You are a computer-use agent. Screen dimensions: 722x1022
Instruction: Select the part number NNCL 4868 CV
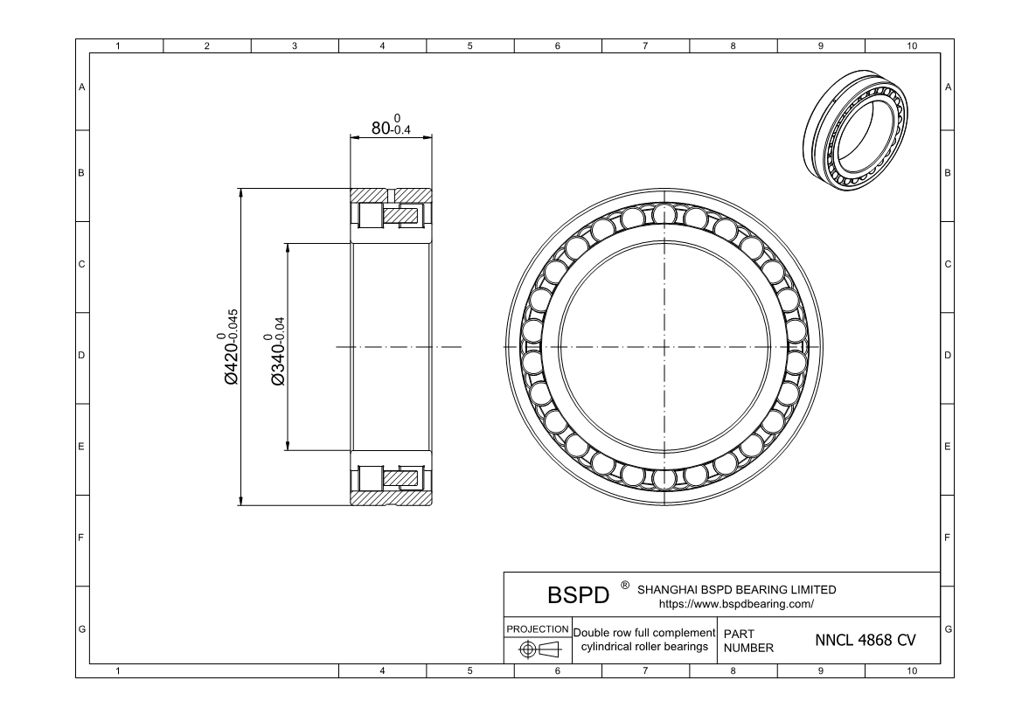click(865, 640)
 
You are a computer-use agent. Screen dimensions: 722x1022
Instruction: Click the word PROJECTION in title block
click(538, 629)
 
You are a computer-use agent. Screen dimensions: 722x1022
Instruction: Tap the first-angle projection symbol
click(538, 649)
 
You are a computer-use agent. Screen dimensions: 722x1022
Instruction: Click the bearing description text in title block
click(644, 640)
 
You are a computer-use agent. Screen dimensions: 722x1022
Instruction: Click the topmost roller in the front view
click(665, 213)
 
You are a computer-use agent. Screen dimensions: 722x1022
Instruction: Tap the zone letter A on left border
click(82, 87)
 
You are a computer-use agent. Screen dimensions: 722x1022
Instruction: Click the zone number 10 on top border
click(912, 45)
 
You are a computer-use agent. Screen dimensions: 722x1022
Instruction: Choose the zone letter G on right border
click(948, 629)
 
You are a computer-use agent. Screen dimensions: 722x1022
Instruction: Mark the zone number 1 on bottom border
click(118, 670)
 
